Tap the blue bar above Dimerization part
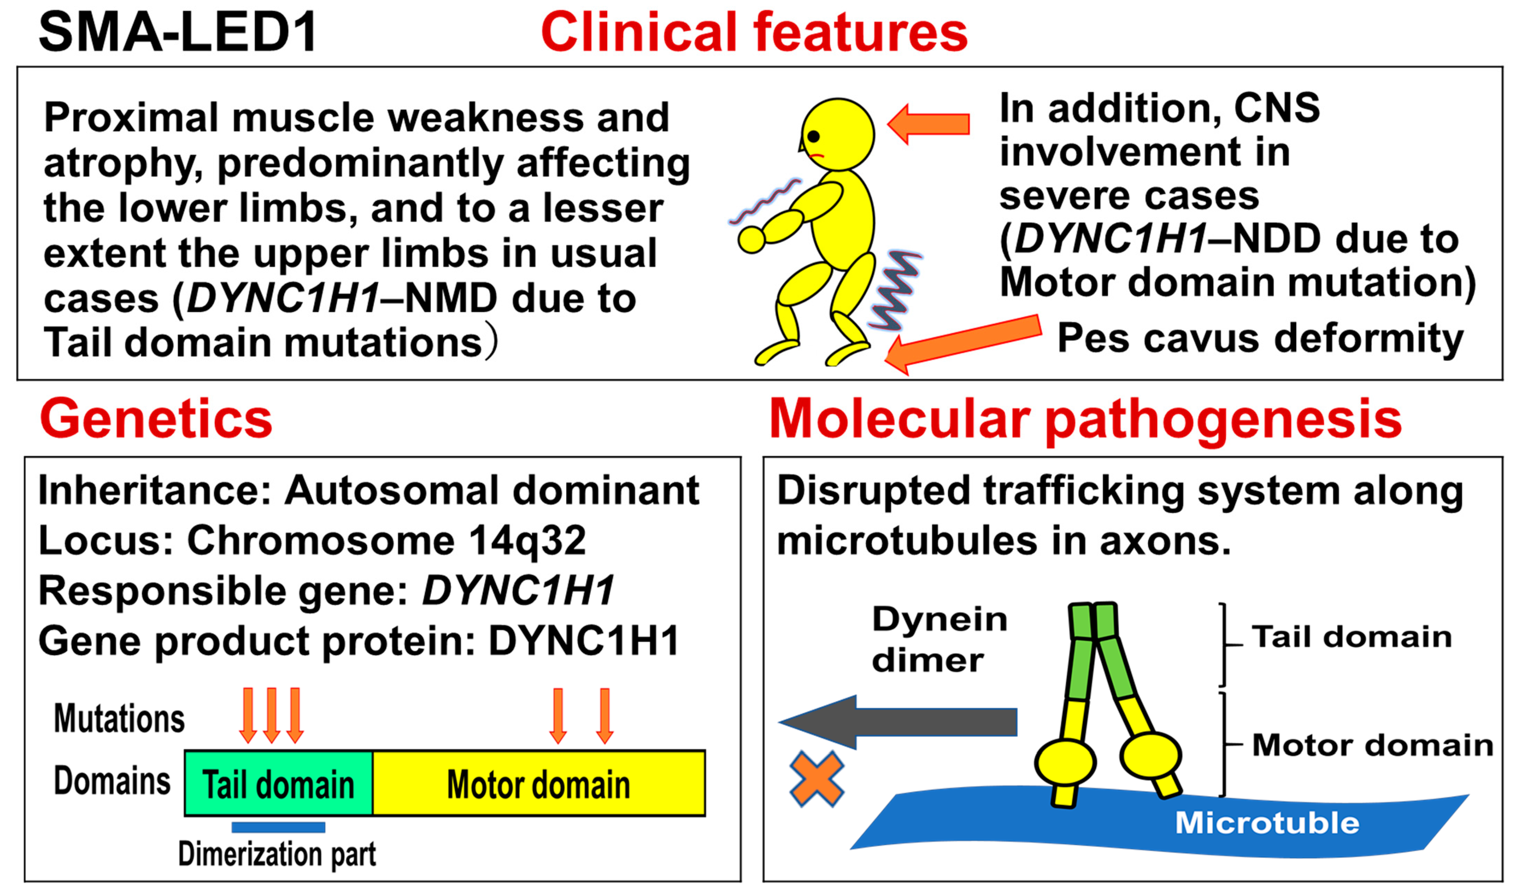(278, 827)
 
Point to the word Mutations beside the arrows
(119, 718)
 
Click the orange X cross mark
(816, 779)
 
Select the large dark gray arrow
(900, 722)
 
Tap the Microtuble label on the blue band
(1267, 823)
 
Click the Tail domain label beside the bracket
(1351, 637)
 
